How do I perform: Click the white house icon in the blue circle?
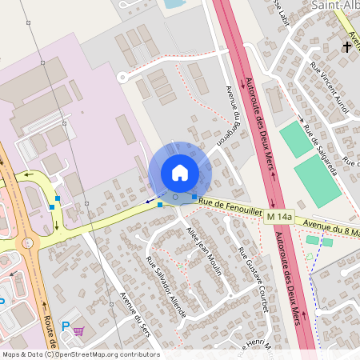click(x=180, y=173)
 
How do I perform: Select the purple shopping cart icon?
click(x=78, y=330)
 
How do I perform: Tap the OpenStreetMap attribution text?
click(x=80, y=354)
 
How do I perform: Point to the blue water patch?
click(x=173, y=4)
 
